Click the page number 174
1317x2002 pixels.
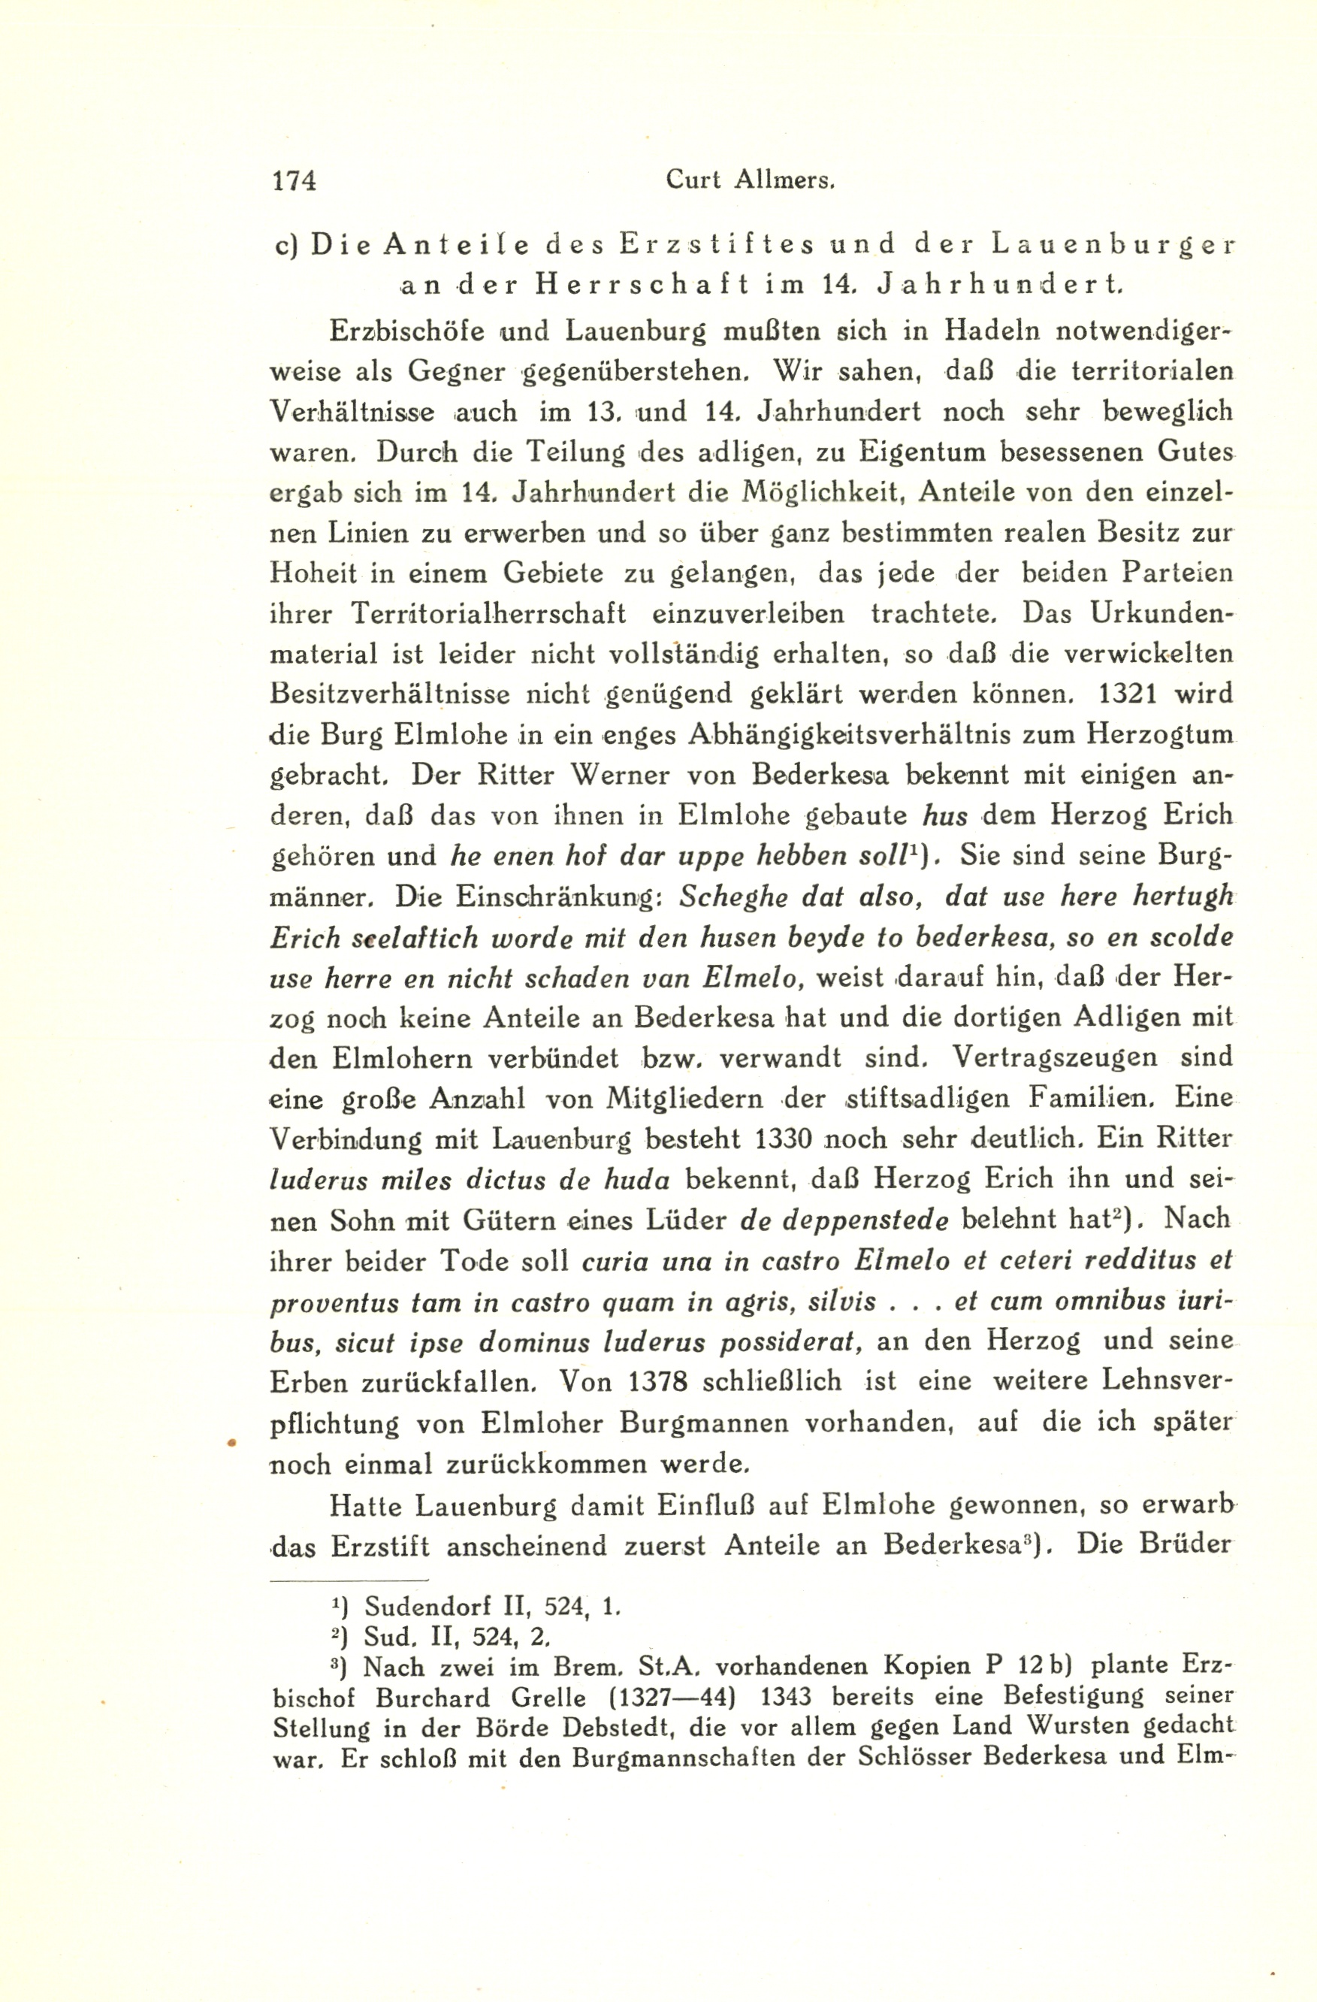tap(291, 180)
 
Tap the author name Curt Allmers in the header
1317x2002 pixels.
tap(749, 180)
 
